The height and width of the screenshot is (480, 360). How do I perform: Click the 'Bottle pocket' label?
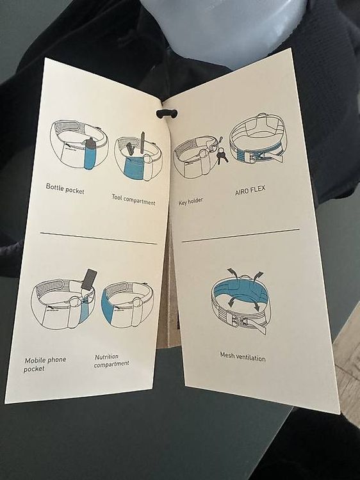click(x=65, y=189)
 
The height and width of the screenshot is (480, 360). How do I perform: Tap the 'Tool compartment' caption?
click(x=133, y=200)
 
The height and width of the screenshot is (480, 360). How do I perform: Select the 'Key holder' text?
click(x=191, y=202)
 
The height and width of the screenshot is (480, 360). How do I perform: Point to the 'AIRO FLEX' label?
click(x=250, y=191)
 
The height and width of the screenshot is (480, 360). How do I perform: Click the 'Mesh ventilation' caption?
click(x=243, y=356)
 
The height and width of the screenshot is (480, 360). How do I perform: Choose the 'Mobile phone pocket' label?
click(x=45, y=364)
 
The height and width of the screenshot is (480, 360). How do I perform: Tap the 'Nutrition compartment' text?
click(x=111, y=360)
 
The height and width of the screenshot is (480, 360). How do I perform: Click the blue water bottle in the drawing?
click(x=90, y=154)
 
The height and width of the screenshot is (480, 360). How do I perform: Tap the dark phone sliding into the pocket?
click(x=89, y=279)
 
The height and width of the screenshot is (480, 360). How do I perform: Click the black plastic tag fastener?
click(x=167, y=114)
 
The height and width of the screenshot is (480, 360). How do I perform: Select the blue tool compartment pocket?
click(x=134, y=168)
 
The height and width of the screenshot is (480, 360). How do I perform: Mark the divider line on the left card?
click(x=99, y=239)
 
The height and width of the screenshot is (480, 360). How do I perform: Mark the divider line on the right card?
click(x=240, y=235)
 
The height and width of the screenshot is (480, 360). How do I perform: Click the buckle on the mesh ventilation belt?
click(x=238, y=322)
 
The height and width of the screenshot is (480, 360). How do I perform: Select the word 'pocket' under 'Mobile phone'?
click(x=34, y=369)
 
